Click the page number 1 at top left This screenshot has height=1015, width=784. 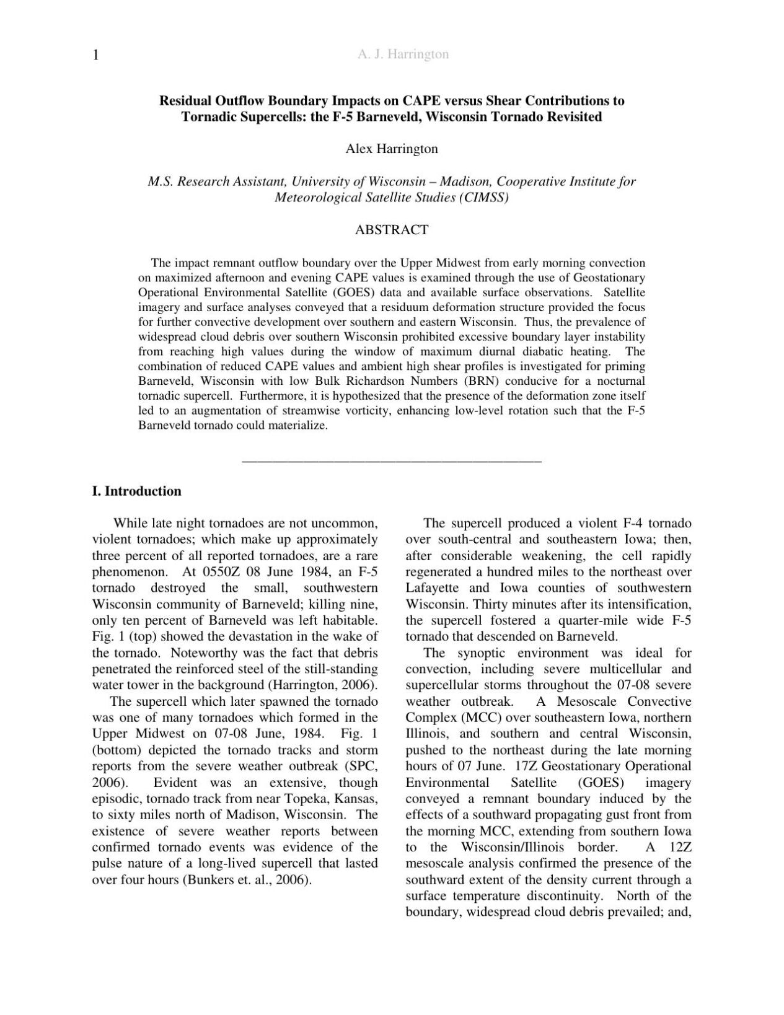coord(96,55)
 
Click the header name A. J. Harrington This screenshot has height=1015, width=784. coord(403,55)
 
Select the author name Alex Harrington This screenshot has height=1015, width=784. coord(391,149)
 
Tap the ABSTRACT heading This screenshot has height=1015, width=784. coord(391,230)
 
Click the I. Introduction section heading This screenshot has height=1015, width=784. coord(136,491)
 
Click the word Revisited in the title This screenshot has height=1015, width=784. coord(574,116)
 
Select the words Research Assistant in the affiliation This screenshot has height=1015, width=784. coord(231,182)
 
